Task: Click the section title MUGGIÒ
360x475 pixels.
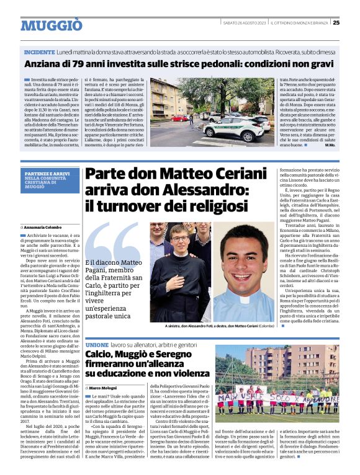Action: point(52,25)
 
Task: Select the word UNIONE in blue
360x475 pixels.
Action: point(97,344)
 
